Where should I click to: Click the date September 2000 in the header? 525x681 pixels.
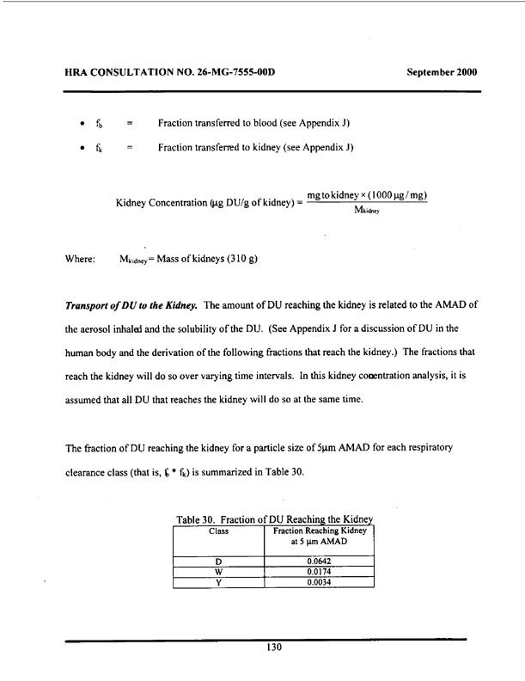pos(441,71)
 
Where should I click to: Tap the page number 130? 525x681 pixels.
pos(274,647)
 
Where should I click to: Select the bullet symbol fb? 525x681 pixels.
pos(100,123)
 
